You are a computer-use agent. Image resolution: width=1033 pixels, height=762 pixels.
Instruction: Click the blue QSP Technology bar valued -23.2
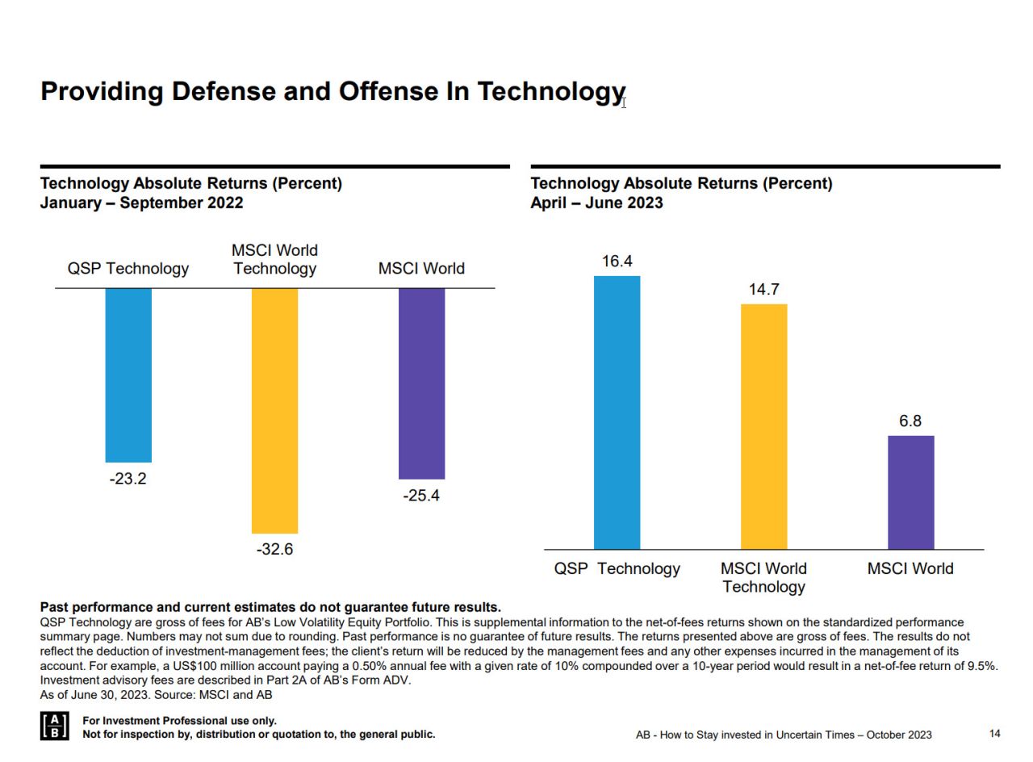pyautogui.click(x=128, y=375)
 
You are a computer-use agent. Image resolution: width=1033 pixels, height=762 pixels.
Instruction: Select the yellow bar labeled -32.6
pyautogui.click(x=274, y=410)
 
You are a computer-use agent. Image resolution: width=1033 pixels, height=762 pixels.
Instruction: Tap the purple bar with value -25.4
pyautogui.click(x=421, y=383)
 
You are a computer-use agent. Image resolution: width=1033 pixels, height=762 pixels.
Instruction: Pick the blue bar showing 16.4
pyautogui.click(x=617, y=412)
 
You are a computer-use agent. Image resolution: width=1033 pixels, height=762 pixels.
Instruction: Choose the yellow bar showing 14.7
pyautogui.click(x=763, y=426)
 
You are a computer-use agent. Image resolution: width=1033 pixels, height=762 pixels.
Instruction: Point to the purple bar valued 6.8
pyautogui.click(x=910, y=492)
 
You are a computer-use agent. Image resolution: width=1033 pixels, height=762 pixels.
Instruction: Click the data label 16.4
pyautogui.click(x=617, y=262)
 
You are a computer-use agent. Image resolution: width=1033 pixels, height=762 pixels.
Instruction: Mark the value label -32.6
pyautogui.click(x=274, y=550)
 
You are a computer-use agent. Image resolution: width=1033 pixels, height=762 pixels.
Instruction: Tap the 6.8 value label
pyautogui.click(x=910, y=421)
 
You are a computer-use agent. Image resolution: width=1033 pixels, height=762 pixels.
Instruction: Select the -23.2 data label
pyautogui.click(x=128, y=479)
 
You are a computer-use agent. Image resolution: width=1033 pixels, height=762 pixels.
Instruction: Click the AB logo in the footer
pyautogui.click(x=54, y=726)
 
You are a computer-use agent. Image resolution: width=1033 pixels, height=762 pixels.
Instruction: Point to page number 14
pyautogui.click(x=994, y=734)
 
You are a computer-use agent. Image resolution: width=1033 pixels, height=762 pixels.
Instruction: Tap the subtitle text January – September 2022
pyautogui.click(x=141, y=203)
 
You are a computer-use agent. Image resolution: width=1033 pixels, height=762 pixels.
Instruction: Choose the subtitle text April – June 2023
pyautogui.click(x=596, y=203)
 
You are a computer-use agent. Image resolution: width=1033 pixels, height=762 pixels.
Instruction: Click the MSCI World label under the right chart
pyautogui.click(x=910, y=569)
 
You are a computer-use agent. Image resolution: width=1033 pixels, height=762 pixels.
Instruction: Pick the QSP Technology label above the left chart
pyautogui.click(x=128, y=269)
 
